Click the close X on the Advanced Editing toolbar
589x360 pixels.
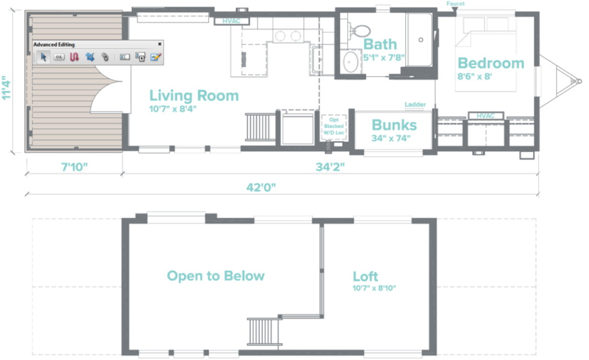159,44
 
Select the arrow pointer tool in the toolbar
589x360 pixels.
43,57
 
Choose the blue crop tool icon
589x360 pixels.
90,57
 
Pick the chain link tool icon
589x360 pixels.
105,57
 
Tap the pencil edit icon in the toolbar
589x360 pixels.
155,57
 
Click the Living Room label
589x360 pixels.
194,96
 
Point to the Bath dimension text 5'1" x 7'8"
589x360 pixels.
383,58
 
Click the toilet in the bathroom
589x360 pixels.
359,31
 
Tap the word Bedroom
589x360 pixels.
491,63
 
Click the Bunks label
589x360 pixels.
394,125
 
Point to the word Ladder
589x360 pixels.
415,104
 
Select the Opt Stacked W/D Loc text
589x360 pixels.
334,126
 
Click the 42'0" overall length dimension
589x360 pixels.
261,187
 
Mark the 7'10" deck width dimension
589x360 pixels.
75,167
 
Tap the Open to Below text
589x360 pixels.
215,276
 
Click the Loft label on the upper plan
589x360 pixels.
365,276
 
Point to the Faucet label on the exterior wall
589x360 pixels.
455,4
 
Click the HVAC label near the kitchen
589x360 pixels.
232,21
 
